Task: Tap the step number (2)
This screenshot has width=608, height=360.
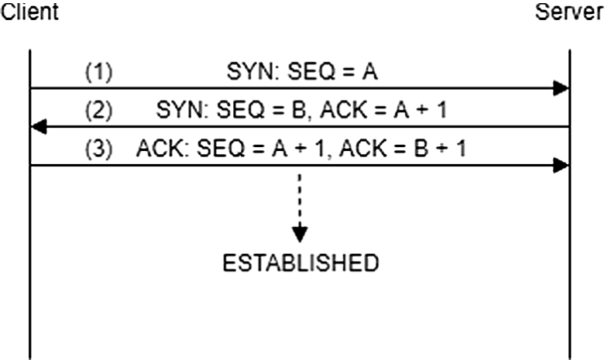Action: tap(98, 110)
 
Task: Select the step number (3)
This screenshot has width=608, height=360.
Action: tap(98, 148)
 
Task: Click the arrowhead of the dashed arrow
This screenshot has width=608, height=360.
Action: tap(300, 232)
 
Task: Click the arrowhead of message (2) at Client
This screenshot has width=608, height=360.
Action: tap(37, 126)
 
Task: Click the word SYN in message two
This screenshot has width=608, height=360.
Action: tap(176, 110)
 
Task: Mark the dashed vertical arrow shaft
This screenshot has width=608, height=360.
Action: tap(300, 197)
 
